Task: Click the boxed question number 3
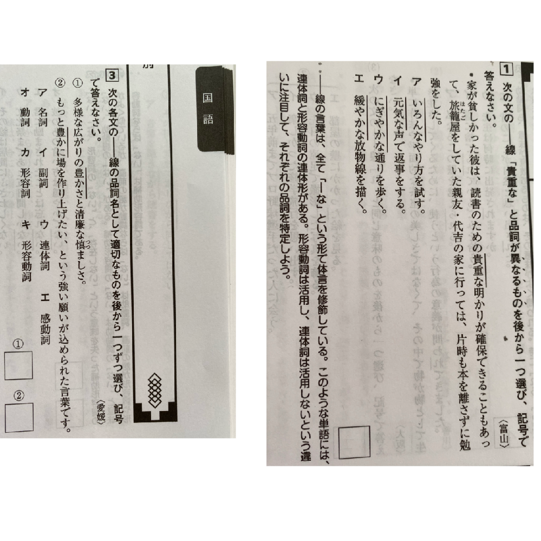pyautogui.click(x=112, y=75)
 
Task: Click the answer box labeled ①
pyautogui.click(x=19, y=368)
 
